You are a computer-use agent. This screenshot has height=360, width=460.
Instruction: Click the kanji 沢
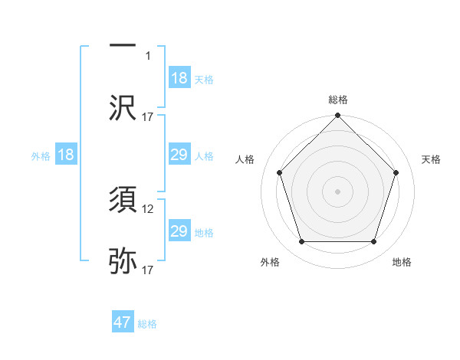point(123,107)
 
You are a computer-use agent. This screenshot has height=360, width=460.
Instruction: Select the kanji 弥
point(123,261)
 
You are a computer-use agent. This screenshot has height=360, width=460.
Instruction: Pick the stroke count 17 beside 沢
point(149,116)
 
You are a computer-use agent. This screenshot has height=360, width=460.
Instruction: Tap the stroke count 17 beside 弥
point(149,270)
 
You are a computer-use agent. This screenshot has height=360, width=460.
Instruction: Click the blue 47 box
point(123,322)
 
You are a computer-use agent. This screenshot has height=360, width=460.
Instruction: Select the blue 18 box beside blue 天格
point(179,78)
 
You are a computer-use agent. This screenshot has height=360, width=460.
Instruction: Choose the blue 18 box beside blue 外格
point(67,155)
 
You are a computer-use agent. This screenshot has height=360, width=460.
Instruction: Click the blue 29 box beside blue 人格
point(179,155)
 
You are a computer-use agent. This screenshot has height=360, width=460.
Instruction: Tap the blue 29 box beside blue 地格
point(179,231)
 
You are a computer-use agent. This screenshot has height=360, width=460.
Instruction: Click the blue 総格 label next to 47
point(147,324)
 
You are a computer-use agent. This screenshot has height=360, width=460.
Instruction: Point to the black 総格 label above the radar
point(337,100)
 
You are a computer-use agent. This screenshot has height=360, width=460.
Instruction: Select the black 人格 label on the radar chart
point(246,159)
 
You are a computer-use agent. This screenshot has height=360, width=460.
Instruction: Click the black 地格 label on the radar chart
point(402,262)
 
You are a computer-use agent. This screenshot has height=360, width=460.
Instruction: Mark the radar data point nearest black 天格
point(396,172)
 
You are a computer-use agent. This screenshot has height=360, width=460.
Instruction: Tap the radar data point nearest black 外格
point(301,242)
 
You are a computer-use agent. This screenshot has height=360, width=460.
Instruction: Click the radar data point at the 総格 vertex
point(337,116)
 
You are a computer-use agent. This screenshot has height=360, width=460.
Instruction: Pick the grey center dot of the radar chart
point(337,191)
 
